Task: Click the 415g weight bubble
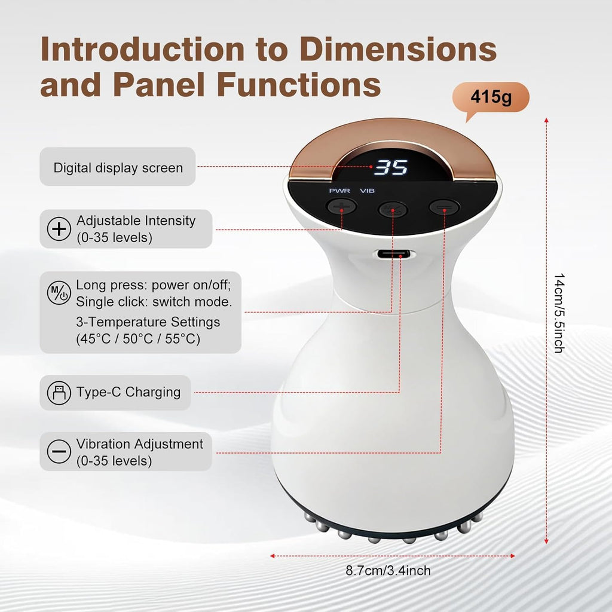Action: tap(491, 97)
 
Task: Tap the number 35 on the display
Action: tap(391, 167)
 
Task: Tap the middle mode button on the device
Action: tap(393, 210)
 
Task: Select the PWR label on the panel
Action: tap(339, 191)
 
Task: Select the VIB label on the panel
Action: tap(368, 191)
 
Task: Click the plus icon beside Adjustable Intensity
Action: tap(59, 229)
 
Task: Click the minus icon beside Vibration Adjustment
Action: tap(59, 452)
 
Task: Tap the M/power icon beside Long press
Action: tap(59, 293)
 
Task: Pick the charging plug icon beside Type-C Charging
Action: tap(59, 392)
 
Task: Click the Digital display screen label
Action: tap(118, 168)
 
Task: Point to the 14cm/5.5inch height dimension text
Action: tap(559, 313)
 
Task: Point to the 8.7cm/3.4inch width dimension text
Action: tap(388, 571)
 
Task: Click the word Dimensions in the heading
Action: tap(398, 49)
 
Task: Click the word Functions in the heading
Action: tap(299, 84)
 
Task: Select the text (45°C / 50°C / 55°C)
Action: tap(138, 339)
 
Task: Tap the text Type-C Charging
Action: tap(128, 392)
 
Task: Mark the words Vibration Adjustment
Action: tap(139, 444)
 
